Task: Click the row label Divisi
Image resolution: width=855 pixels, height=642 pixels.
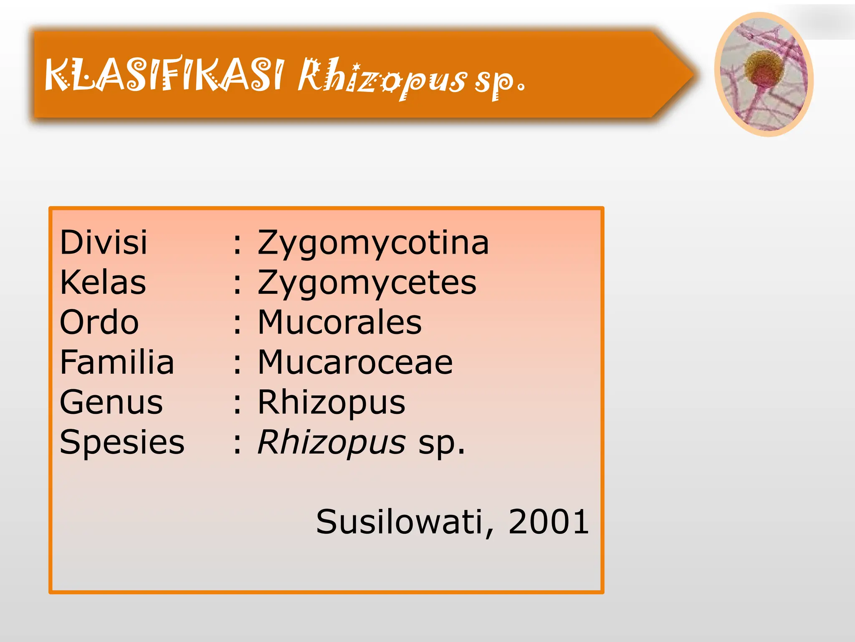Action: click(104, 242)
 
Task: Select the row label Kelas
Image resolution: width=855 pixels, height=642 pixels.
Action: click(103, 282)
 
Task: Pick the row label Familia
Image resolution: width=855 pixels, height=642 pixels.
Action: click(117, 362)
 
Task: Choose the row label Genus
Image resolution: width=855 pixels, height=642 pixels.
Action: click(111, 402)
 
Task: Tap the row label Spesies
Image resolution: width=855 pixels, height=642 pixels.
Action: click(122, 442)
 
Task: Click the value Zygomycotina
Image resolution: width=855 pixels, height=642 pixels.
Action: click(373, 243)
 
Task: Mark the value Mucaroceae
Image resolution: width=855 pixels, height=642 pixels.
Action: click(355, 362)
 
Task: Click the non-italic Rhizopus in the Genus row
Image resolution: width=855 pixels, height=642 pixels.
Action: click(331, 403)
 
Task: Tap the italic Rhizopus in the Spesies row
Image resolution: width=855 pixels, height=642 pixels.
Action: click(331, 443)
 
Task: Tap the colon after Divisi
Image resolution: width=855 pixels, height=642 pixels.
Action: click(237, 244)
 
